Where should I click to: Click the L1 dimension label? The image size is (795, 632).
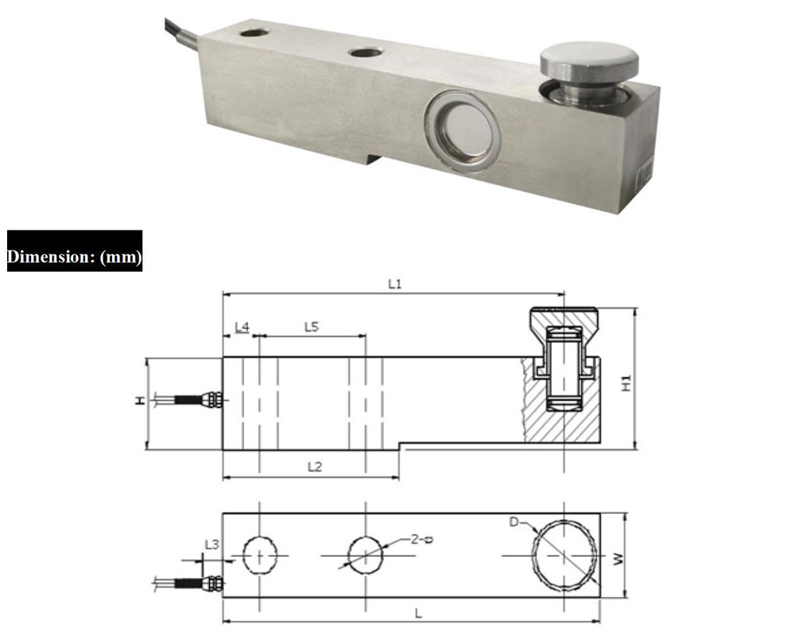coord(394,284)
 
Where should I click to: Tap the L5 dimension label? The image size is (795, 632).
coord(312,328)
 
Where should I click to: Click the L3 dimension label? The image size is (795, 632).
coord(212,545)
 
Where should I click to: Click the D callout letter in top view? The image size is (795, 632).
coord(514,522)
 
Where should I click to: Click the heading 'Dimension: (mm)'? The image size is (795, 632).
coord(75,257)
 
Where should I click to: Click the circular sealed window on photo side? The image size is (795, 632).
coord(462,125)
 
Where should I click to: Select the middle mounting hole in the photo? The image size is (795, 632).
coord(364,53)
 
